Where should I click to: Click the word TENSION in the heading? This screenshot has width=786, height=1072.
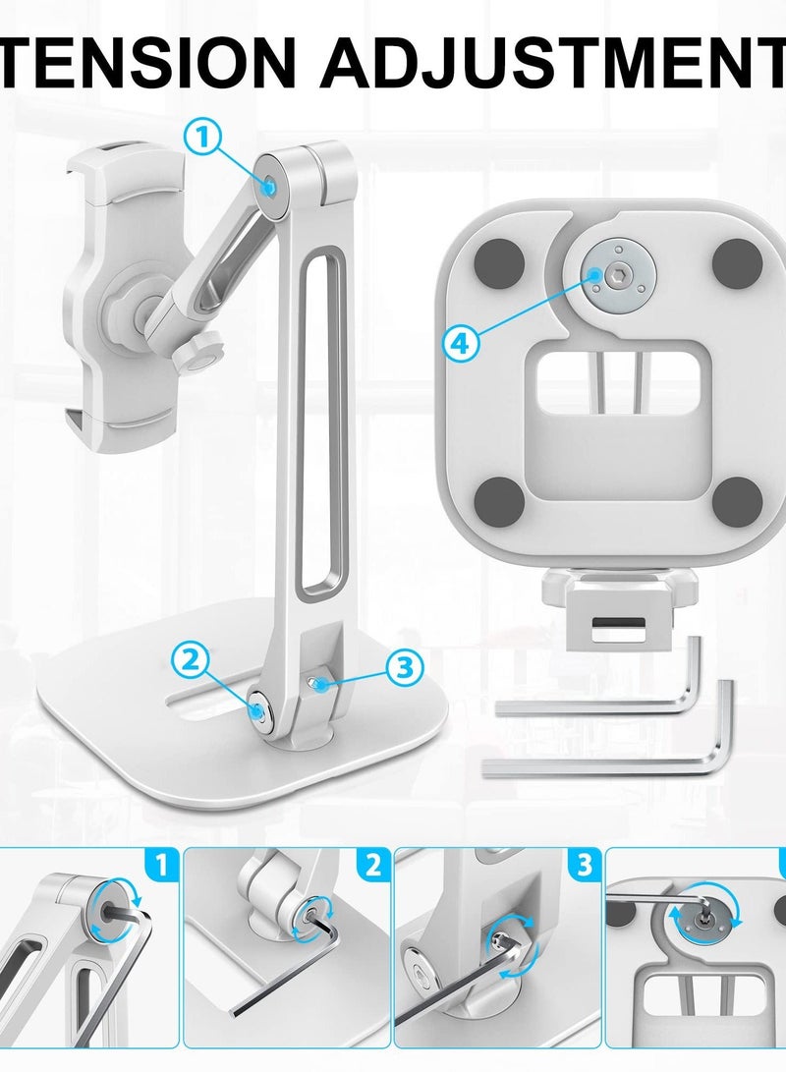(x=147, y=61)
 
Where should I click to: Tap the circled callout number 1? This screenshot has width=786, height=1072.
(x=203, y=137)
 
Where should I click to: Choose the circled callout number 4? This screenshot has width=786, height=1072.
(x=463, y=342)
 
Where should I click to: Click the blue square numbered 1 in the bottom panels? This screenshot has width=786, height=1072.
(x=161, y=866)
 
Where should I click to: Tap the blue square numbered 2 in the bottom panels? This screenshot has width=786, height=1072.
(x=371, y=866)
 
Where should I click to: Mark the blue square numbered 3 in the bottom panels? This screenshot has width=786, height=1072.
(x=584, y=866)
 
